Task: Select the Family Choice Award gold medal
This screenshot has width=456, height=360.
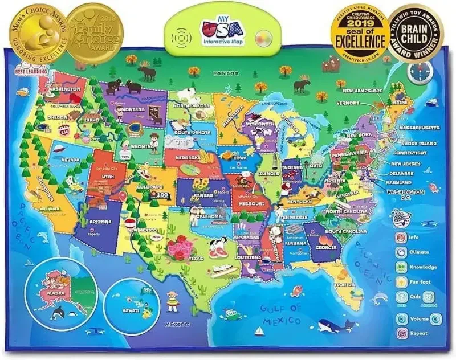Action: coord(95,31)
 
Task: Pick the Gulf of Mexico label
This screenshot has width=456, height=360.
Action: coord(280,314)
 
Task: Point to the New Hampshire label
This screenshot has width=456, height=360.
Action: coord(359,90)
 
